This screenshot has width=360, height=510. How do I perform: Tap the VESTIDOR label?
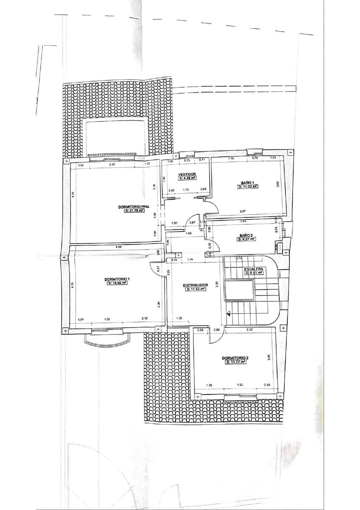tap(187, 174)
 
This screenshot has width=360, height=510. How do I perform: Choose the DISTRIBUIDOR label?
tap(195, 285)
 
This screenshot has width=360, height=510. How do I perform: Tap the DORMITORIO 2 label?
tap(235, 358)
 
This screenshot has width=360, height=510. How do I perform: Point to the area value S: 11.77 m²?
tap(235, 363)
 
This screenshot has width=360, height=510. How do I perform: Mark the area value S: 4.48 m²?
tap(187, 178)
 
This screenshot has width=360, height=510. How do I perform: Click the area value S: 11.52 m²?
tap(196, 289)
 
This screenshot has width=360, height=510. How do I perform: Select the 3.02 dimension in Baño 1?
tap(278, 184)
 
